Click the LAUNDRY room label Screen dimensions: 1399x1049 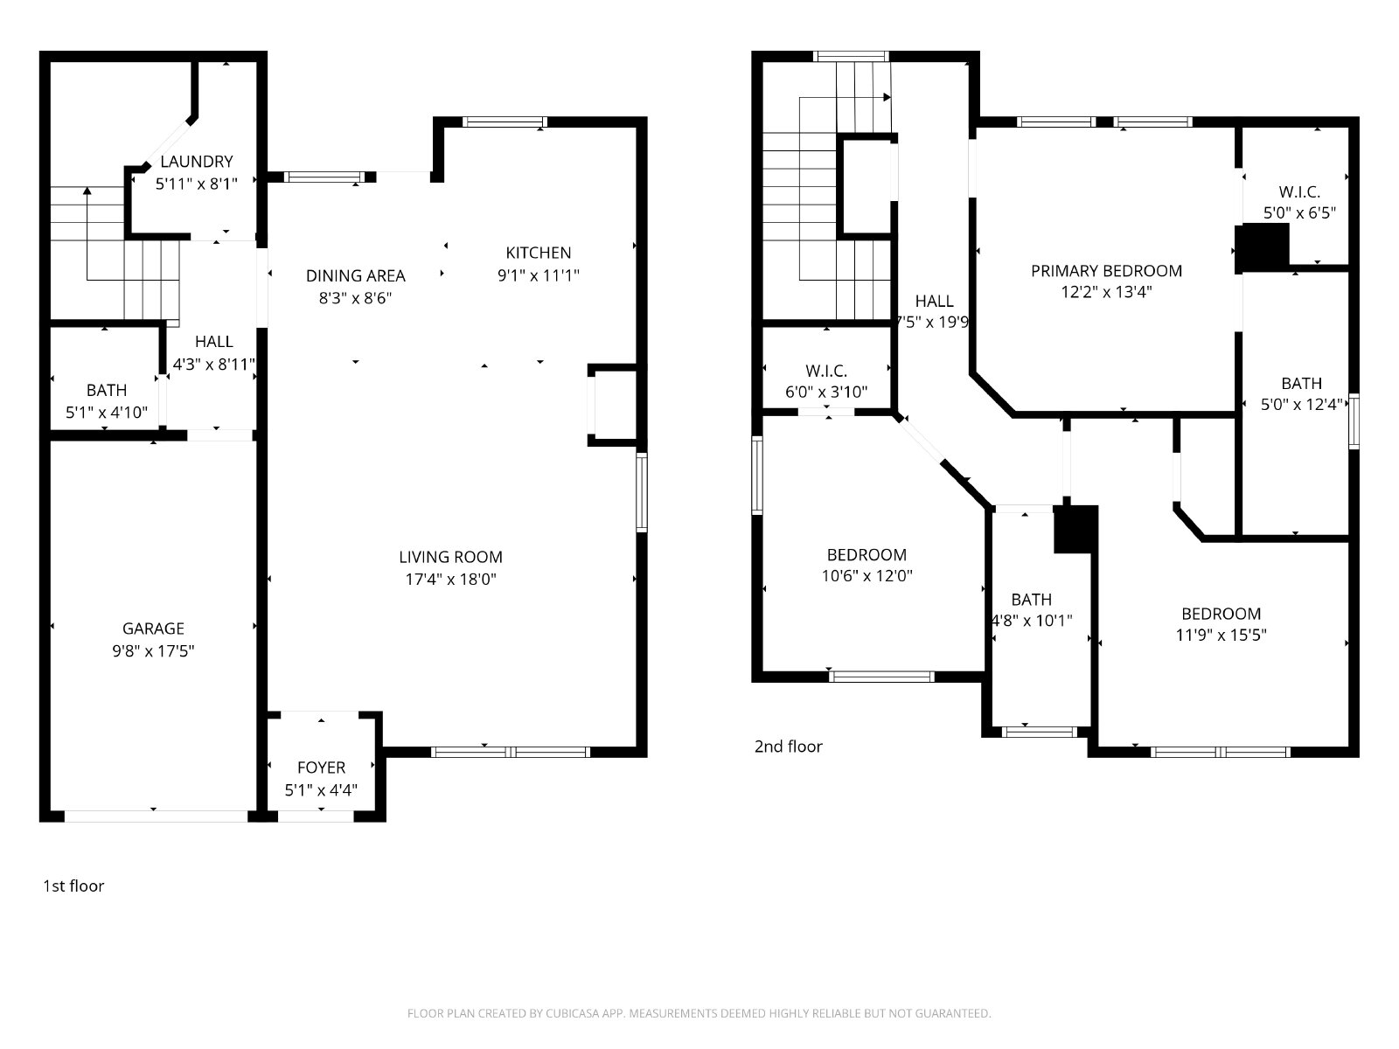pos(197,162)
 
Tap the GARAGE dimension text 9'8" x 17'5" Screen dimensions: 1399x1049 pos(153,651)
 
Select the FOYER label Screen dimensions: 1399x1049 pos(321,768)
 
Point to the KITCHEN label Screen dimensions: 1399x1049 pos(539,253)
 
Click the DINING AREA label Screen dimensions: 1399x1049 pos(356,275)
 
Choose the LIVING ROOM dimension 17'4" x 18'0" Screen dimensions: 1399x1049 pos(450,579)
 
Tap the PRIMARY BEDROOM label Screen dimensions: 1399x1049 pos(1106,271)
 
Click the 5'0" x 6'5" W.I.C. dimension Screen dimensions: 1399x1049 pos(1299,212)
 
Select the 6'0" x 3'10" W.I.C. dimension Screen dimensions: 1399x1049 pos(826,392)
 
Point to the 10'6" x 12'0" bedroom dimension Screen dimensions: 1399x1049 pos(867,576)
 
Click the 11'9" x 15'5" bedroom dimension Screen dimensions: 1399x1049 pos(1222,635)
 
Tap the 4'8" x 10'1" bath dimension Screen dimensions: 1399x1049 pos(1032,621)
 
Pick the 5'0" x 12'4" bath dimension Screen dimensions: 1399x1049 pos(1301,405)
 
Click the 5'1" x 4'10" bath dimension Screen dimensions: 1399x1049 pos(107,412)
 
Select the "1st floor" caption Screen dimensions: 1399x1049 pos(73,886)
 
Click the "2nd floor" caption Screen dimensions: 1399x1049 pos(789,747)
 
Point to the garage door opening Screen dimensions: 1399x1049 pos(156,816)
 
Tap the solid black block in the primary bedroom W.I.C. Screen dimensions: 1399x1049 pos(1263,247)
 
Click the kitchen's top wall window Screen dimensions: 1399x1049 pos(505,122)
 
